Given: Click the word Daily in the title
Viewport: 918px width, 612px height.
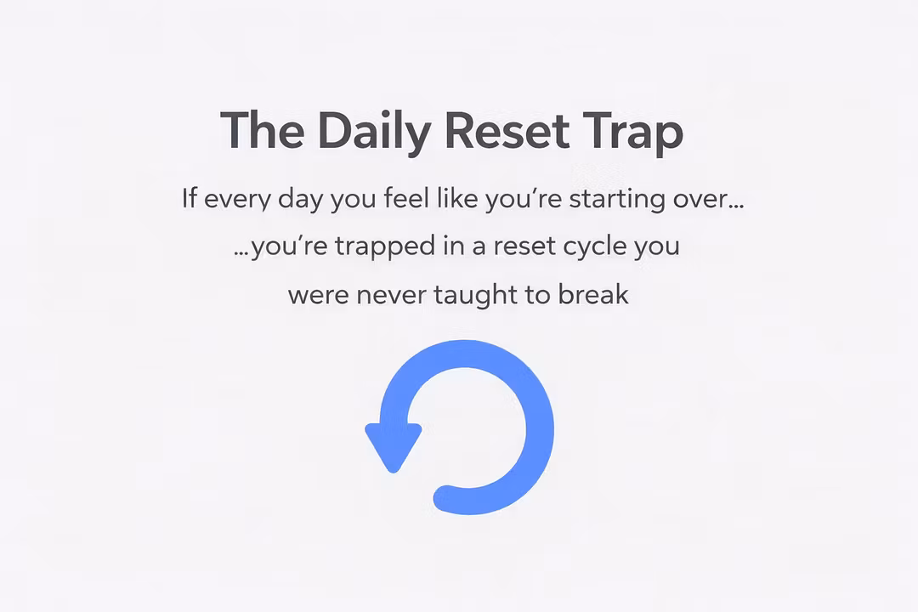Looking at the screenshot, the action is click(x=375, y=132).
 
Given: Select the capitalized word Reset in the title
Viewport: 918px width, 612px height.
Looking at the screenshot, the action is click(x=507, y=130).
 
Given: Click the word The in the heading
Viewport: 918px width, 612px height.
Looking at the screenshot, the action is click(x=263, y=129).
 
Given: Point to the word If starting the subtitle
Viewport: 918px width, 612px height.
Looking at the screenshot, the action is click(x=189, y=198).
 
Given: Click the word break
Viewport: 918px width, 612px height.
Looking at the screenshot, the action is click(x=593, y=293).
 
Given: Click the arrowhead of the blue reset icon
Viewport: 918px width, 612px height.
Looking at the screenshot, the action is click(x=394, y=446).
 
